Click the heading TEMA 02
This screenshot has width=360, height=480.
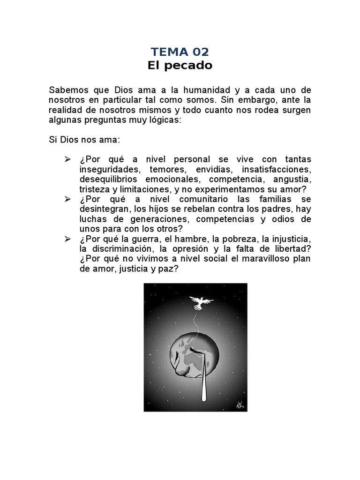click(180, 52)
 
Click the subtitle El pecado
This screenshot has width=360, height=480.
click(180, 66)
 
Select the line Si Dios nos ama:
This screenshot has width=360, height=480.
click(78, 140)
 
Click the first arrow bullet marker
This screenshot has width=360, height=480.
click(67, 159)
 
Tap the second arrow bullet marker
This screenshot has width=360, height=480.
click(67, 199)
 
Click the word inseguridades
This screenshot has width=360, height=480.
click(109, 169)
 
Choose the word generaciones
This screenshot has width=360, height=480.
click(157, 219)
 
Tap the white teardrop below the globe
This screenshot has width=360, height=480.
click(203, 375)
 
